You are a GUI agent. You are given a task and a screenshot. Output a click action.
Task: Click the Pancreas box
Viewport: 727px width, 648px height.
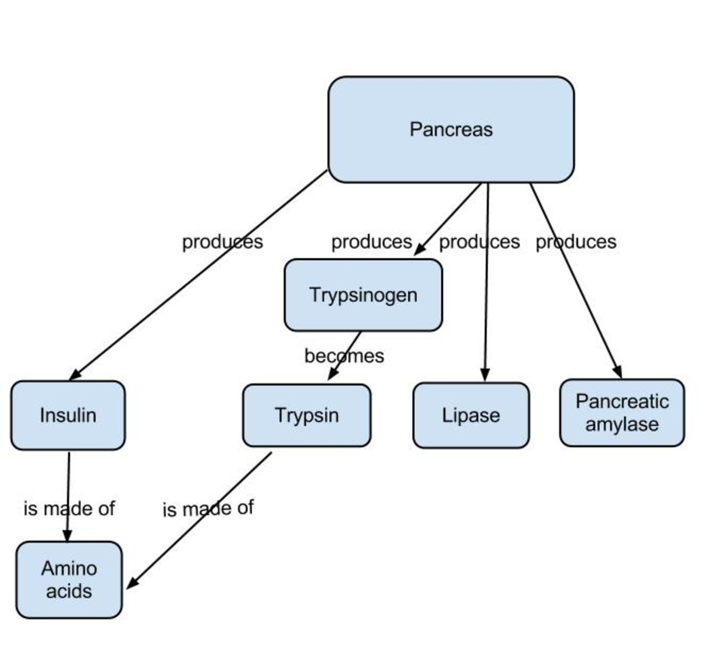(x=451, y=130)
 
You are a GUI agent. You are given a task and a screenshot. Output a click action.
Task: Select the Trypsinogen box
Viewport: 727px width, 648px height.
(x=363, y=295)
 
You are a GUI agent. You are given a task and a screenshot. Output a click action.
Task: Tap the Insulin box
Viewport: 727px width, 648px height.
(x=68, y=415)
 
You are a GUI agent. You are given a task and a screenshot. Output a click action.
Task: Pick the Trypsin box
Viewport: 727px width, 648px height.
(x=307, y=415)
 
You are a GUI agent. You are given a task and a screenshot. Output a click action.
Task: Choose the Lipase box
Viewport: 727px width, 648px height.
(x=471, y=415)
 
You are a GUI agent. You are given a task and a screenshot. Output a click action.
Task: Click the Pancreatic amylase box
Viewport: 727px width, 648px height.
(x=622, y=413)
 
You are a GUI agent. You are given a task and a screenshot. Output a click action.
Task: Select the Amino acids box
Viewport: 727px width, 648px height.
(x=69, y=580)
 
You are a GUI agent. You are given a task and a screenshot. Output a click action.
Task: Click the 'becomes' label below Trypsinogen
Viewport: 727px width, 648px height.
(x=344, y=355)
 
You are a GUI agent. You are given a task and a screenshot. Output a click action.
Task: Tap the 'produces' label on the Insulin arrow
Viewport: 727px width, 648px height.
(x=222, y=242)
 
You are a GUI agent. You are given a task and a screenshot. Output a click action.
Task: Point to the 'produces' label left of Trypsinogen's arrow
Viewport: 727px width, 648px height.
(x=371, y=242)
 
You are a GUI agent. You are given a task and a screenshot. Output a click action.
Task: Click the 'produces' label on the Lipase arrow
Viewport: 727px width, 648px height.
(x=479, y=242)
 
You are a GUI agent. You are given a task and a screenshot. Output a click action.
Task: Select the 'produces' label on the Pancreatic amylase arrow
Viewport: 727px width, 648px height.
(x=576, y=242)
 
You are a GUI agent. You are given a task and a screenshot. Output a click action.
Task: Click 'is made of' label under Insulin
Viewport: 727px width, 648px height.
(x=69, y=508)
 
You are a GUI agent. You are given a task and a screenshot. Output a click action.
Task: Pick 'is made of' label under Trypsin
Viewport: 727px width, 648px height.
(x=208, y=508)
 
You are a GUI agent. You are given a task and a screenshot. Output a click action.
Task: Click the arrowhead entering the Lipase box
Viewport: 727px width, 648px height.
(x=484, y=375)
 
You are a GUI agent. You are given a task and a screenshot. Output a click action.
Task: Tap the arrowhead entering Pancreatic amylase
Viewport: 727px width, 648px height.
(x=618, y=372)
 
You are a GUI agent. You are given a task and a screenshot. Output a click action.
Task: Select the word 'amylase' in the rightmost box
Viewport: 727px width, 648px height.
(x=622, y=424)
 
